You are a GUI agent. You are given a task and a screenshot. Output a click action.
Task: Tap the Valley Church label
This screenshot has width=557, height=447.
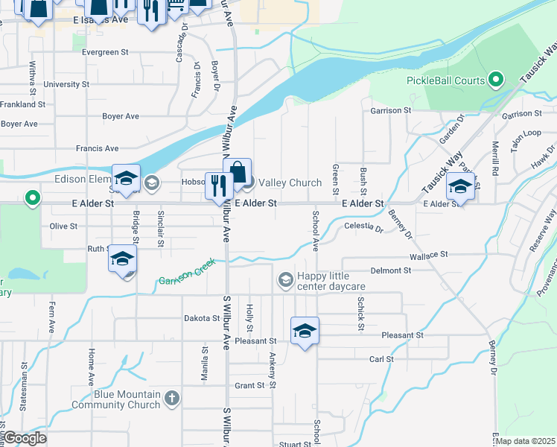[x=290, y=183]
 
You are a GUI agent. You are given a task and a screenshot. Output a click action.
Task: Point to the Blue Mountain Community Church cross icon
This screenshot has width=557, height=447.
[x=172, y=399]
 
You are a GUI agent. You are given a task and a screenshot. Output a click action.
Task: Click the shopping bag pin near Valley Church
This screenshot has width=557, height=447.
[x=238, y=173]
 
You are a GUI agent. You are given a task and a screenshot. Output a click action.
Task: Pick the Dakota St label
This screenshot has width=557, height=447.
[x=202, y=318]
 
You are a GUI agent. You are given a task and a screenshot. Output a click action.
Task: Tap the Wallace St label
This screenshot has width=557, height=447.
[x=428, y=254]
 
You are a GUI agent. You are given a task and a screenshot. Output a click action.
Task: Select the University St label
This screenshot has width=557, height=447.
[x=66, y=84]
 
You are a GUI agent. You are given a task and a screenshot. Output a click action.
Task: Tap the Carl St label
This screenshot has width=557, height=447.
[x=381, y=359]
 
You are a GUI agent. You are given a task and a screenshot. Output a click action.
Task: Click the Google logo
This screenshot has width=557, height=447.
[x=24, y=438]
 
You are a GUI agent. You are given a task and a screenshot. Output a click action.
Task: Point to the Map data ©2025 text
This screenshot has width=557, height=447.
[x=525, y=441]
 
